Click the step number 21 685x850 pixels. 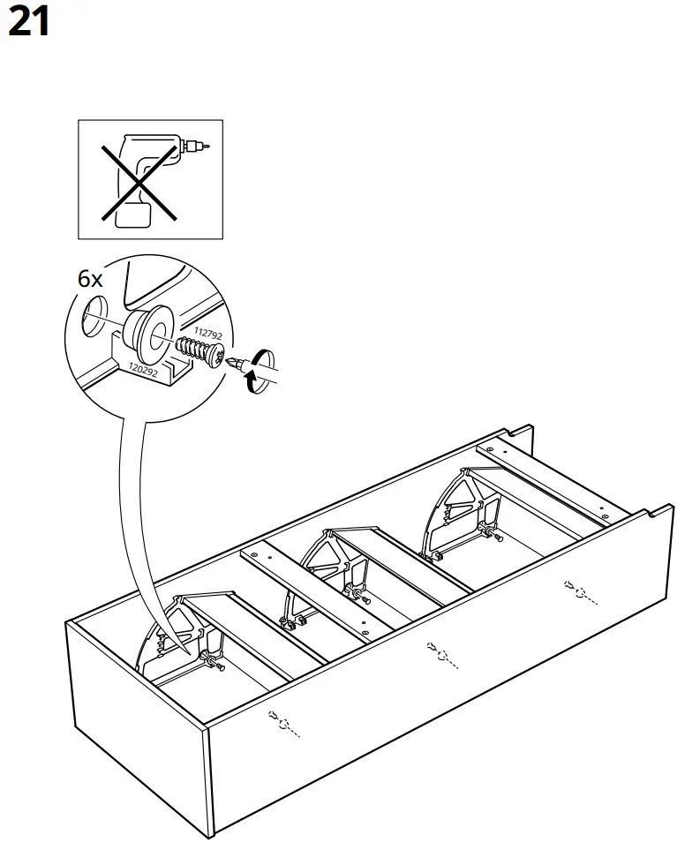coord(28,22)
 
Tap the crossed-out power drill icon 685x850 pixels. coord(150,179)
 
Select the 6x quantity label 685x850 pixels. coord(90,280)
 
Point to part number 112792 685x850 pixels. coord(207,333)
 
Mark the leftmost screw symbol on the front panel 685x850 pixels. coord(283,723)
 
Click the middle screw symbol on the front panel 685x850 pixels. coord(439,654)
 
